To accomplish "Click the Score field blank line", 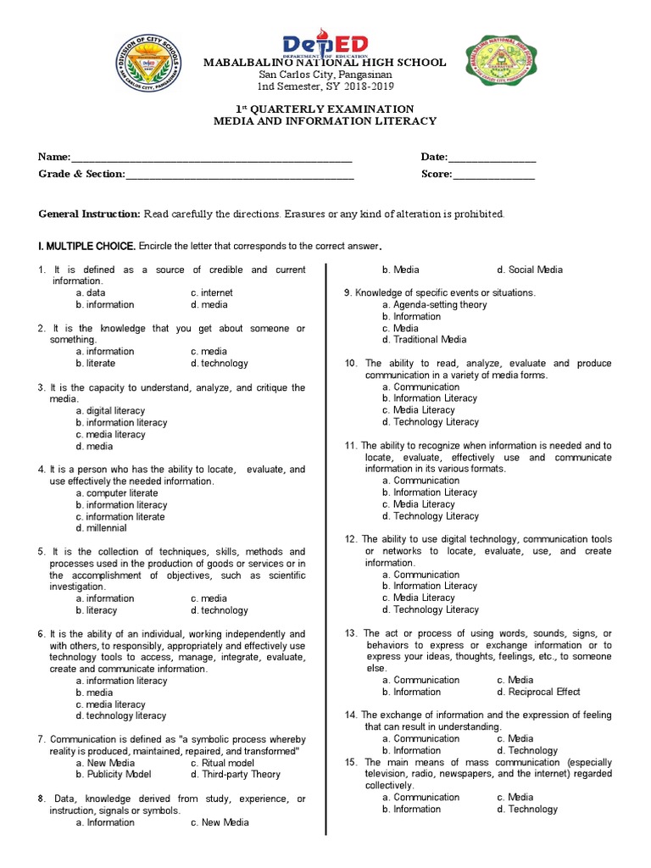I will click(494, 176).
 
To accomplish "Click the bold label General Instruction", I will click(89, 214).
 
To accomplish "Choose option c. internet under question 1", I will click(212, 292).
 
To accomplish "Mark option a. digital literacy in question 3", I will click(109, 410).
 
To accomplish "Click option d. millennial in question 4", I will click(101, 527).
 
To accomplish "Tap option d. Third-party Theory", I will click(235, 774).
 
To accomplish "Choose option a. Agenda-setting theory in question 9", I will click(434, 304).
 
